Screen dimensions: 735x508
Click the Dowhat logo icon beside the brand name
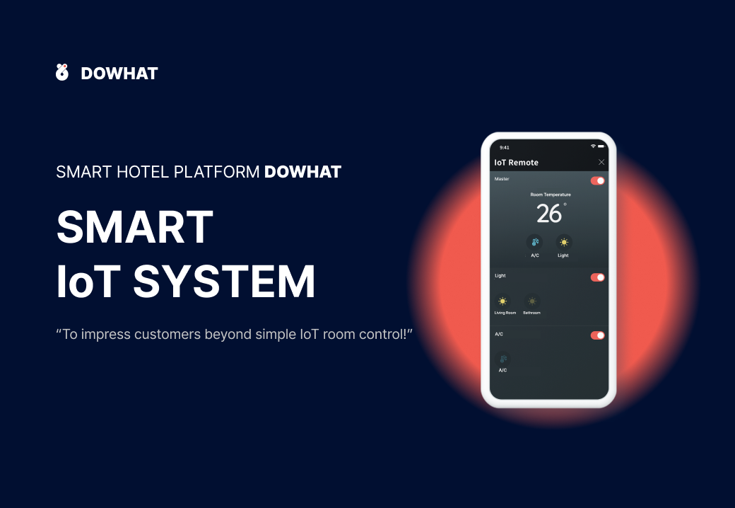point(62,72)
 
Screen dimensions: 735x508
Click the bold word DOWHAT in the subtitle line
point(302,172)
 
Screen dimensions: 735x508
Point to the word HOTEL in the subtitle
point(143,172)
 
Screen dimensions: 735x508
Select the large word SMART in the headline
point(135,227)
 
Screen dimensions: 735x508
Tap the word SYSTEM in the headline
point(224,282)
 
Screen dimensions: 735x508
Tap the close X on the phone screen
point(601,162)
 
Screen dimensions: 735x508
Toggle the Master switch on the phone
point(598,180)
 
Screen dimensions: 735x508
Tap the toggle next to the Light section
point(598,277)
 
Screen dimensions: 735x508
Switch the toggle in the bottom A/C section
point(598,335)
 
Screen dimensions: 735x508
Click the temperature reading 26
point(549,214)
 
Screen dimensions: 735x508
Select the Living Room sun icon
point(502,301)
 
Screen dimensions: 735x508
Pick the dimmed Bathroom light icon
point(532,301)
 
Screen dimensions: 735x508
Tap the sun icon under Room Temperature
point(564,242)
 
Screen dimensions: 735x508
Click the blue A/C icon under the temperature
point(535,242)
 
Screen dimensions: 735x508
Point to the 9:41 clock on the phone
point(505,147)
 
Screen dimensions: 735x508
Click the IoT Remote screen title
point(516,163)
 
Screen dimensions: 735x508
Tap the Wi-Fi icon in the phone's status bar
point(593,146)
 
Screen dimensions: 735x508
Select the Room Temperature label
point(551,195)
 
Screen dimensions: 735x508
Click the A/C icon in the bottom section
point(503,359)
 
